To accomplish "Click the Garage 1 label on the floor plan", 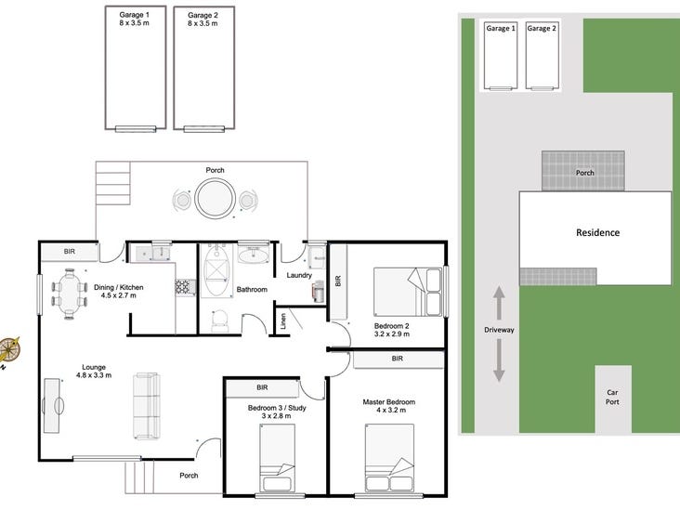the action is click(x=134, y=15).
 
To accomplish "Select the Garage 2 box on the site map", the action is click(x=542, y=56).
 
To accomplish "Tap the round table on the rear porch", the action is click(x=216, y=199).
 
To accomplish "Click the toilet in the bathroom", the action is click(x=220, y=320).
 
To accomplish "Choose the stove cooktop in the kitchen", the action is click(x=185, y=287).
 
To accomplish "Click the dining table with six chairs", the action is click(x=70, y=294).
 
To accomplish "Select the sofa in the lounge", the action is click(x=147, y=405).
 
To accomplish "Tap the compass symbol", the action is click(x=8, y=349).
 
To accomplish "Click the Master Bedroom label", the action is click(x=388, y=402).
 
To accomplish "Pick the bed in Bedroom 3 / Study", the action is click(x=277, y=458).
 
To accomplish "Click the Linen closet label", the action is click(x=283, y=320).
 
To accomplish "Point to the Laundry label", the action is click(x=299, y=275).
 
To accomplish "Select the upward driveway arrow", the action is click(x=499, y=303).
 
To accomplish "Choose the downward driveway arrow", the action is click(x=499, y=360).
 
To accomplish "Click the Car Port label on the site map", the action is click(x=612, y=398).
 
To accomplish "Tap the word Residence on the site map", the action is click(x=597, y=232).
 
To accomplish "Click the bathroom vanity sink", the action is click(x=254, y=255).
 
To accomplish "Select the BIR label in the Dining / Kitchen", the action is click(x=70, y=252).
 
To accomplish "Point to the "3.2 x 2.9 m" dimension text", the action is click(x=392, y=333).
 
